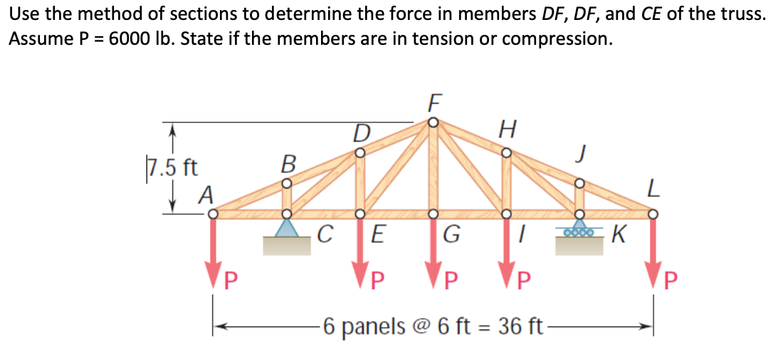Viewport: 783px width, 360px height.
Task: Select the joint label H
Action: click(507, 129)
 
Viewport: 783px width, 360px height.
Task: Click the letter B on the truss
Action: click(288, 164)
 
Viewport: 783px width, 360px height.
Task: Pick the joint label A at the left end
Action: click(206, 193)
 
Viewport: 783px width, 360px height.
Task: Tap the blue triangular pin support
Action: click(287, 228)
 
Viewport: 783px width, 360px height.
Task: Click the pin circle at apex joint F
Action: click(433, 122)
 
